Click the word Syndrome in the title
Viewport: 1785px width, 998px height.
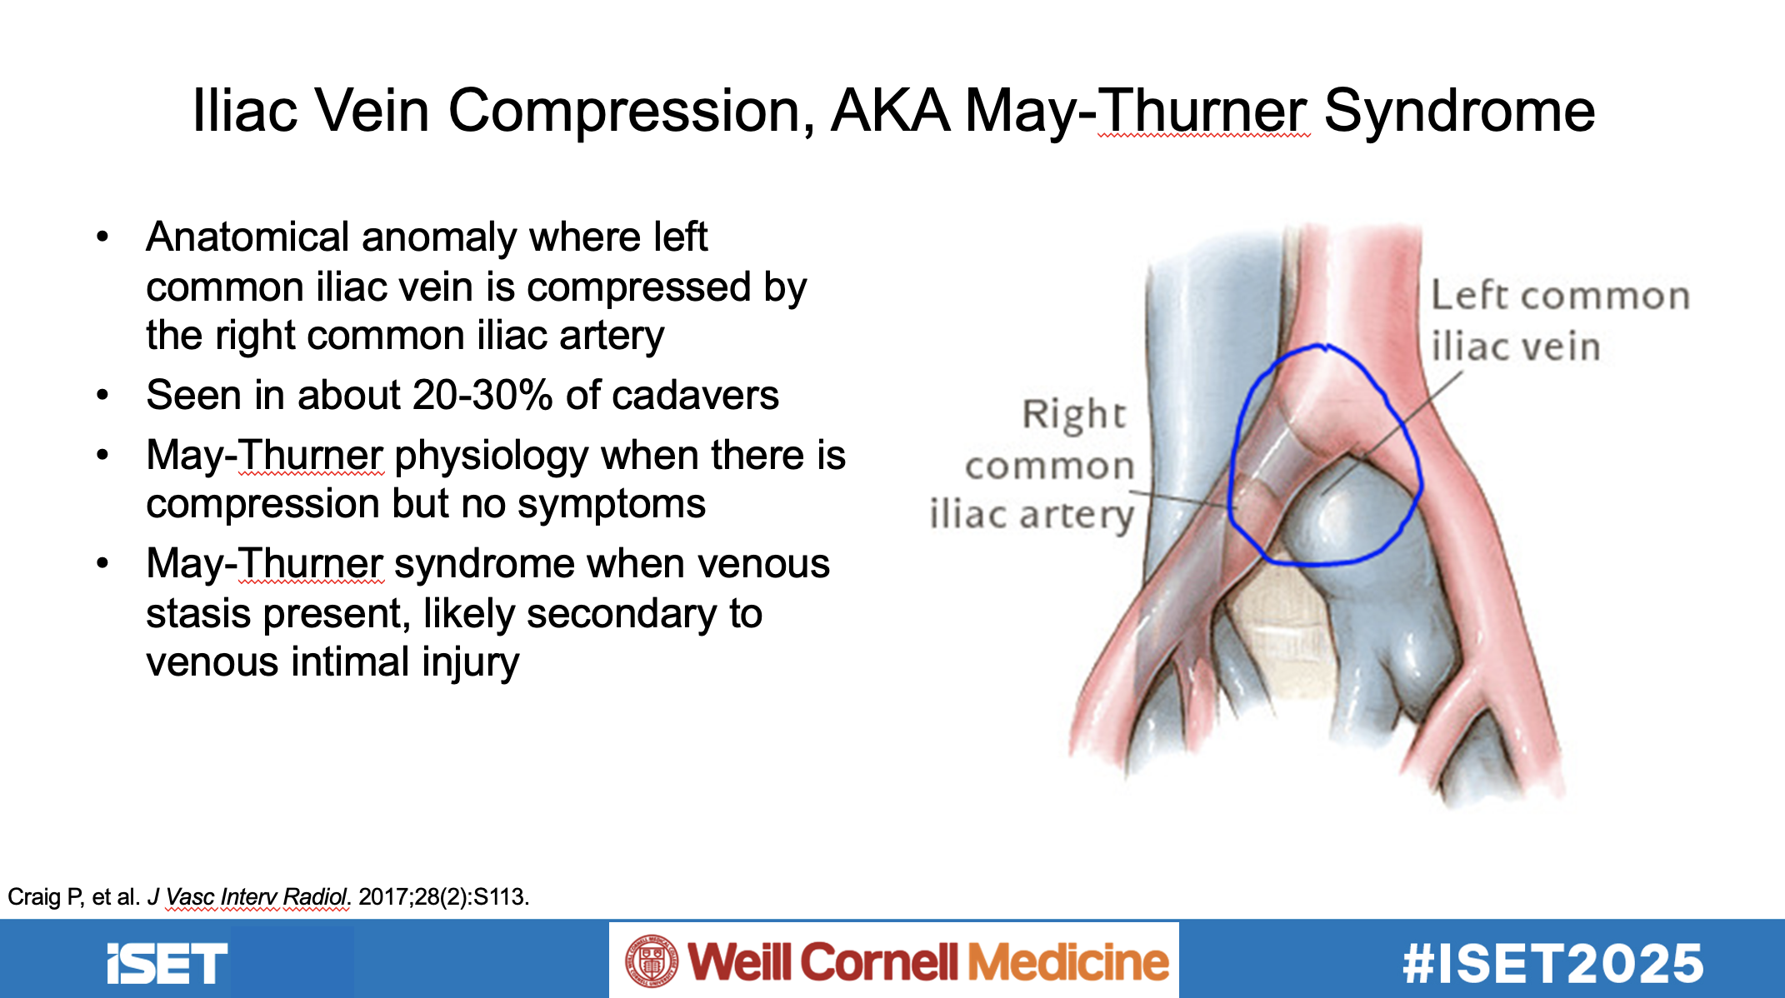pos(1459,110)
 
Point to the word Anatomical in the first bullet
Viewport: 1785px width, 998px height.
pos(248,237)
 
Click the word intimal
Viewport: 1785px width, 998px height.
pos(351,662)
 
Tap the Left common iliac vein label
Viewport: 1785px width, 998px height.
pos(1560,322)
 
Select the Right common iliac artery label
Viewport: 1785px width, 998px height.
pos(1032,465)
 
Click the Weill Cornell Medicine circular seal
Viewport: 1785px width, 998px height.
pos(652,961)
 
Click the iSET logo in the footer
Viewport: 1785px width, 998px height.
pos(167,963)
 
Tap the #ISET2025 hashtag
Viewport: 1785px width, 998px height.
pos(1553,964)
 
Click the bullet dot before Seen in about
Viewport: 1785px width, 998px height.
pos(102,395)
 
